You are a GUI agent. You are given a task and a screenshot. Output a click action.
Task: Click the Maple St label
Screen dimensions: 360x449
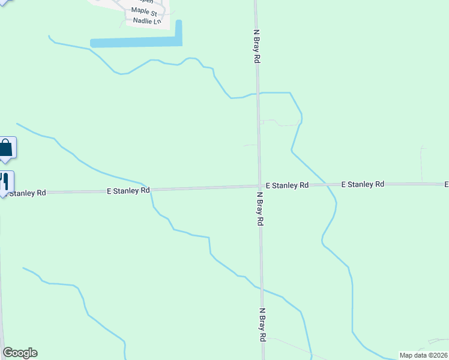[144, 12]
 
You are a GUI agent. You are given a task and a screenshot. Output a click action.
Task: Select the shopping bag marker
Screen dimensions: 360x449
[6, 148]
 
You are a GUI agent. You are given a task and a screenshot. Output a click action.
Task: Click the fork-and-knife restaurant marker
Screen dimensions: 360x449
[5, 182]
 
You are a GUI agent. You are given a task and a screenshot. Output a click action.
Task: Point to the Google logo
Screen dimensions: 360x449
[20, 353]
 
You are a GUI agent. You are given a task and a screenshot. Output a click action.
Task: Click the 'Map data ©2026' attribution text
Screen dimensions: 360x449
[424, 355]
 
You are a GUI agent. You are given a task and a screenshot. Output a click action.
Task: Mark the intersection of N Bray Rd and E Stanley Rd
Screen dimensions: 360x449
[259, 186]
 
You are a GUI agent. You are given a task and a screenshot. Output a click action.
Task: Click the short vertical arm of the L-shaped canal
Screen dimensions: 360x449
[178, 32]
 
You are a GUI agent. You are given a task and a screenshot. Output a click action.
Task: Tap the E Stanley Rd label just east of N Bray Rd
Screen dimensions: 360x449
[287, 186]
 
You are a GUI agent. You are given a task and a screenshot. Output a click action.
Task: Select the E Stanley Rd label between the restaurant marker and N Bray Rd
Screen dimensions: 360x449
[128, 191]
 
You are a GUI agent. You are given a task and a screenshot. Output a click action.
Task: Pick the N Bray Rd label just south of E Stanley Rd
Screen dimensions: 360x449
[261, 209]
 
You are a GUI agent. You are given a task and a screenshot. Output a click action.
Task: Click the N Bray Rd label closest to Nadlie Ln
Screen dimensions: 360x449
[256, 47]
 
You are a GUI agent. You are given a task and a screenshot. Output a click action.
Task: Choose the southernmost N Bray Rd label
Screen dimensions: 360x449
[262, 325]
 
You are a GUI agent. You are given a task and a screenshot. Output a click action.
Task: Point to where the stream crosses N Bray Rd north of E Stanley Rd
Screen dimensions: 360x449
[258, 94]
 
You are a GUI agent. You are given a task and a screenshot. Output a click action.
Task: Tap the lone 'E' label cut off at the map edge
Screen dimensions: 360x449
[446, 184]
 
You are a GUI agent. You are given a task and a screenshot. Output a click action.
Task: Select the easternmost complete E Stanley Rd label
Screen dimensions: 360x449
[363, 184]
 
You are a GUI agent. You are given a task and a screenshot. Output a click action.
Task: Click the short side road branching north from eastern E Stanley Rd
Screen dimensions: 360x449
[422, 165]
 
